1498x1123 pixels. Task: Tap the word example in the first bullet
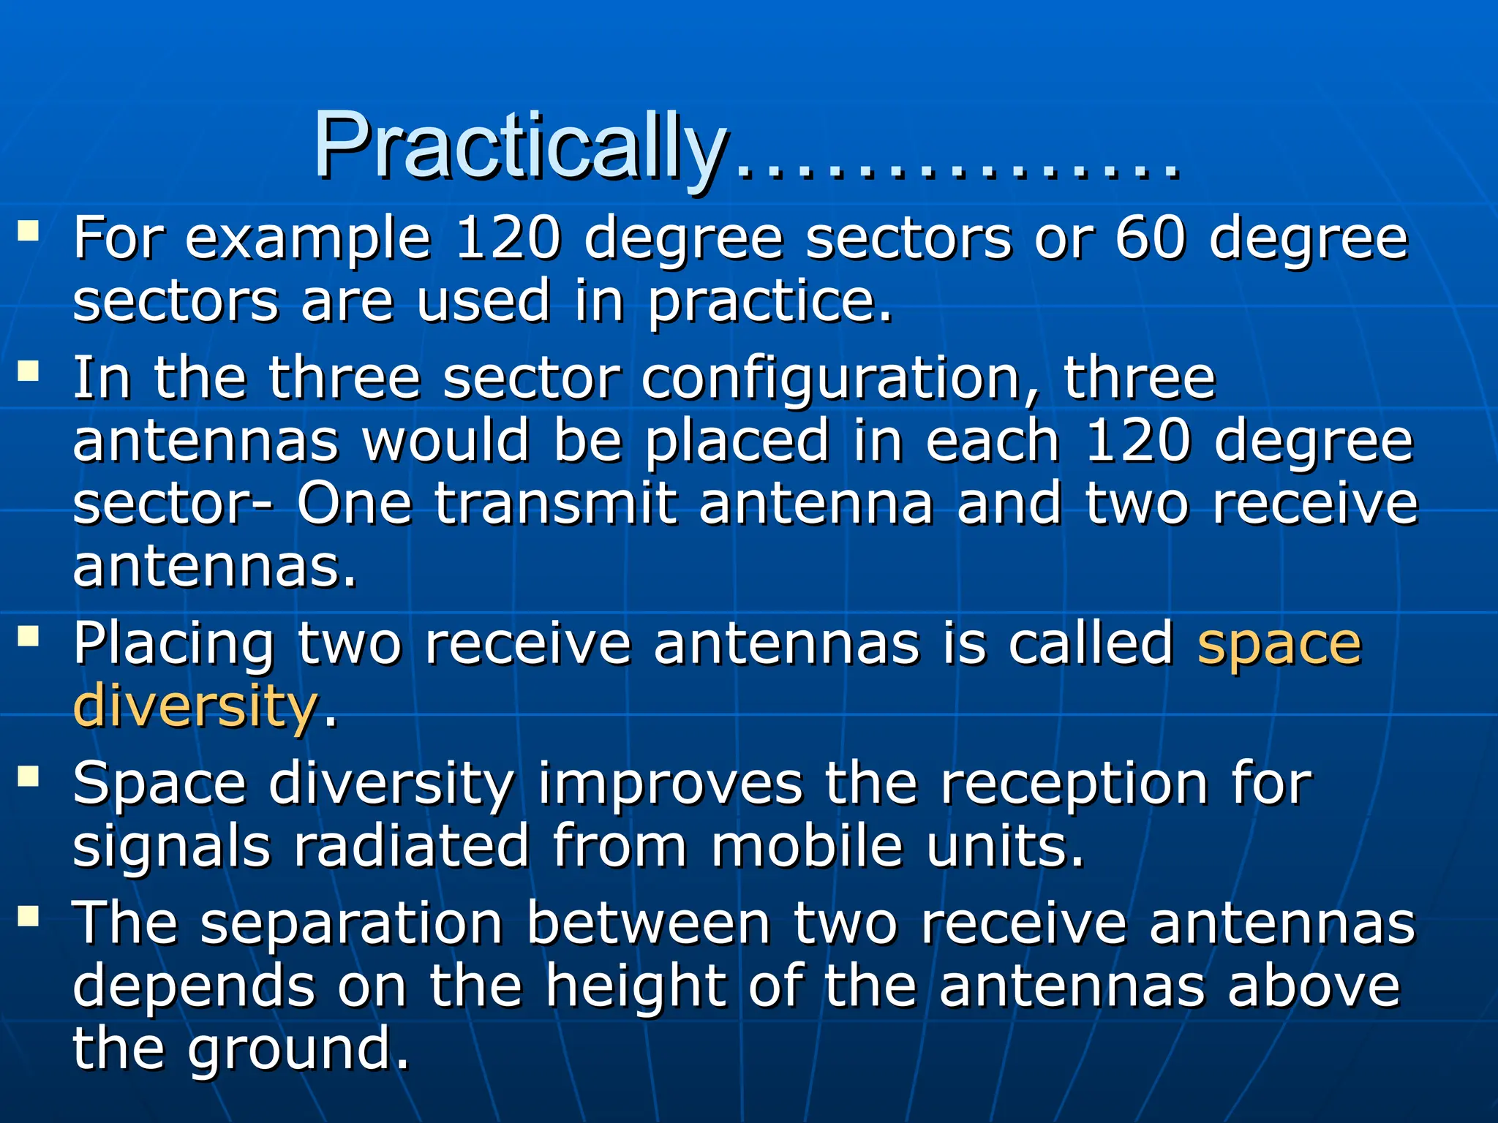(307, 240)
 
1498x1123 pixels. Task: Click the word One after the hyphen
(354, 504)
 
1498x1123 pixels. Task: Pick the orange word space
(1279, 645)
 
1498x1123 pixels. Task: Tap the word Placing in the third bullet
(174, 645)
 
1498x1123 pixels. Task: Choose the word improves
(669, 784)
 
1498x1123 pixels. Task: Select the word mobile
(807, 846)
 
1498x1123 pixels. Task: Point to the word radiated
(411, 846)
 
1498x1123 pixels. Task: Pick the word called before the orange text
(1091, 643)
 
